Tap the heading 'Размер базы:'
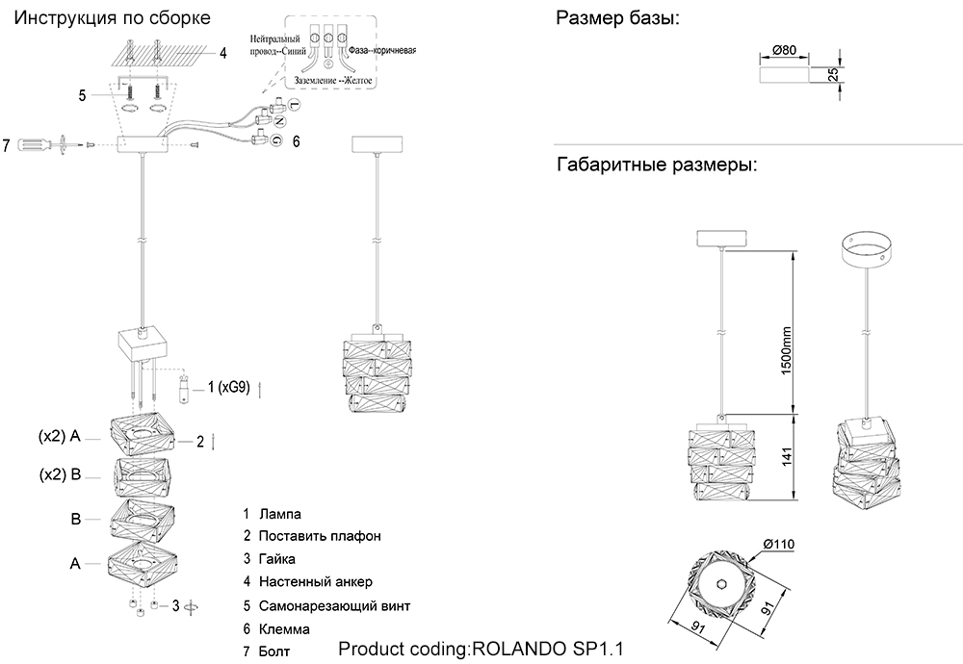tap(616, 18)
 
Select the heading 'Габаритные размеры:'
tap(657, 165)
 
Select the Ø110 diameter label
tap(777, 545)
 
